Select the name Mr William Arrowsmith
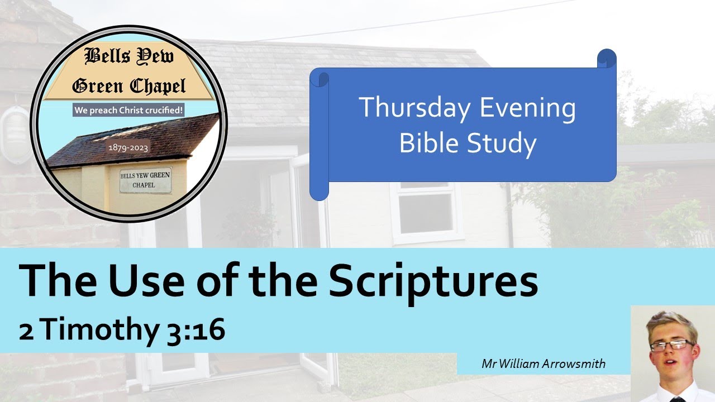543,364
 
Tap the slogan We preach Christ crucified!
129,111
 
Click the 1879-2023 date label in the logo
128,149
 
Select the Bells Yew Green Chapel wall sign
145,180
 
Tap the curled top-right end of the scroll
607,59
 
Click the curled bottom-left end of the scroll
319,190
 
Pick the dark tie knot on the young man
678,399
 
